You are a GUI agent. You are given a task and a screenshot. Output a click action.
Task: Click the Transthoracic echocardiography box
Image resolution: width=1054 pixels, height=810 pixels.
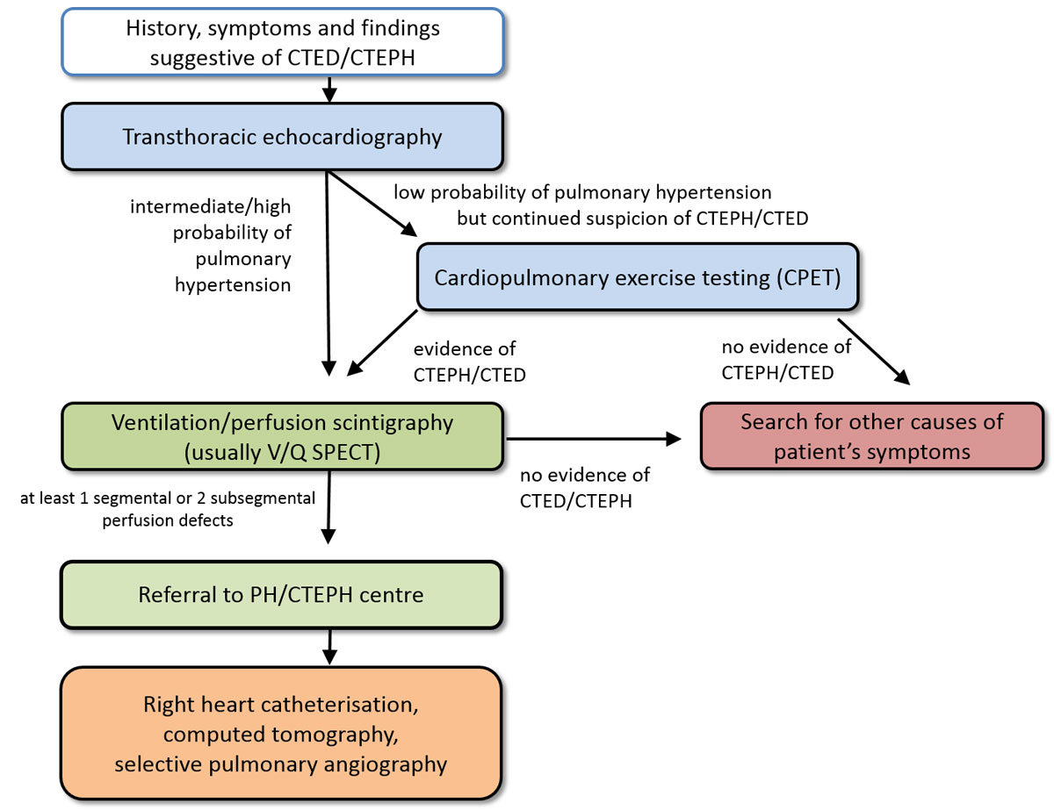(282, 136)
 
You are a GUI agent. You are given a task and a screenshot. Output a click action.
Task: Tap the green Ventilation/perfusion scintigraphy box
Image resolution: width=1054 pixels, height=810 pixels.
(282, 436)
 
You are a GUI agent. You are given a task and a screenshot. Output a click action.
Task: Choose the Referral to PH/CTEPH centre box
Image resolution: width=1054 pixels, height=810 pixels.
(282, 595)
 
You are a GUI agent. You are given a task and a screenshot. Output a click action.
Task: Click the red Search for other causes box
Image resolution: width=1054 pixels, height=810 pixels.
(871, 436)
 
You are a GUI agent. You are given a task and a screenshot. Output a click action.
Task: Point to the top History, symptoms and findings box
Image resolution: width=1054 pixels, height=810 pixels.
(282, 42)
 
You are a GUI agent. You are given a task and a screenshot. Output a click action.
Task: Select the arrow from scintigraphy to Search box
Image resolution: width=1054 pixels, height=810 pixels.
(597, 438)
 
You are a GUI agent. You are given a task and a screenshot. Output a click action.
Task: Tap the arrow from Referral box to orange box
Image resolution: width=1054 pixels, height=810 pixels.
(328, 648)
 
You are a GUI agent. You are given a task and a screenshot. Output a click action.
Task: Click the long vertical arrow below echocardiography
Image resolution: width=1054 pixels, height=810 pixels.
(328, 272)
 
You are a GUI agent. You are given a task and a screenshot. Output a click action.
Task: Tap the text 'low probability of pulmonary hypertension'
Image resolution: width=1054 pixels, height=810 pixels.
(581, 191)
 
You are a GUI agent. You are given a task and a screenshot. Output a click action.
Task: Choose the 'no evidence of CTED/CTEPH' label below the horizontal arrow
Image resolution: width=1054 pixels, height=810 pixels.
(584, 487)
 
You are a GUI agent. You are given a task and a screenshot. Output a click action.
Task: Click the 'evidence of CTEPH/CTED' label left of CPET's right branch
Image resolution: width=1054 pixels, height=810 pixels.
(470, 362)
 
